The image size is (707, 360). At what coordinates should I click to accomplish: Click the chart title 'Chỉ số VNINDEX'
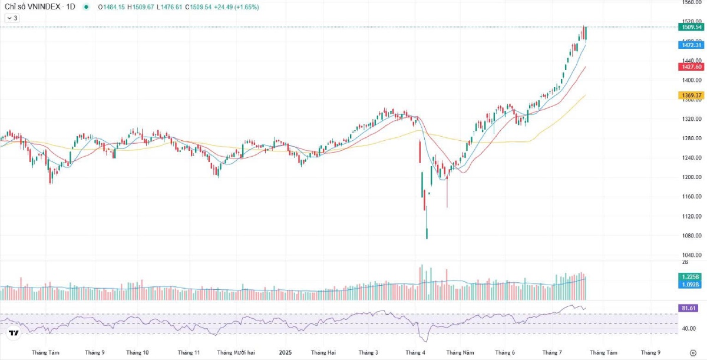(x=30, y=7)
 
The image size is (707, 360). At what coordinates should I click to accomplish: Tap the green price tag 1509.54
(x=691, y=27)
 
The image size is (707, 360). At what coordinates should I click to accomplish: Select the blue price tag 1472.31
(x=691, y=45)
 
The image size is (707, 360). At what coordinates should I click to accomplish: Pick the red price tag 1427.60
(x=691, y=67)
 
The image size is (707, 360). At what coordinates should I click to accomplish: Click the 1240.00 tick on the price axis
(x=691, y=158)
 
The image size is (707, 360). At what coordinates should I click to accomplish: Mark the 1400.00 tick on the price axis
(x=691, y=80)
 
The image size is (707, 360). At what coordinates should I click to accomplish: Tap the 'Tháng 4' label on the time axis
(x=415, y=352)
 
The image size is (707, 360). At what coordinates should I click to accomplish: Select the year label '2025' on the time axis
(x=285, y=352)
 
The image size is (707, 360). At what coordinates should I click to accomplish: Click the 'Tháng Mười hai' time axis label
(x=236, y=352)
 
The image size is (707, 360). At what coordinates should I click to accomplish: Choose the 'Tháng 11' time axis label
(x=189, y=352)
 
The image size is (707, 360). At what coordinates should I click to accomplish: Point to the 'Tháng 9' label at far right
(x=650, y=352)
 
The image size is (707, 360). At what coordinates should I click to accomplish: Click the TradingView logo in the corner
(x=14, y=333)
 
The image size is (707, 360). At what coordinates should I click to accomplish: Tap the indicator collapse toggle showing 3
(x=12, y=18)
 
